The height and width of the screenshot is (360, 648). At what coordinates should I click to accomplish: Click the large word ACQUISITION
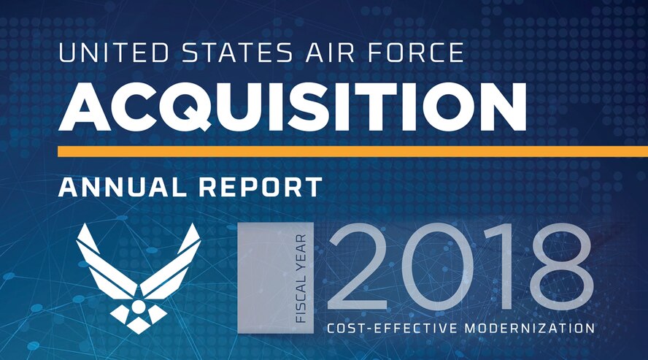(x=292, y=107)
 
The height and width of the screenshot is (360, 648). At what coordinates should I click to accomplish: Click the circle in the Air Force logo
(x=138, y=295)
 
